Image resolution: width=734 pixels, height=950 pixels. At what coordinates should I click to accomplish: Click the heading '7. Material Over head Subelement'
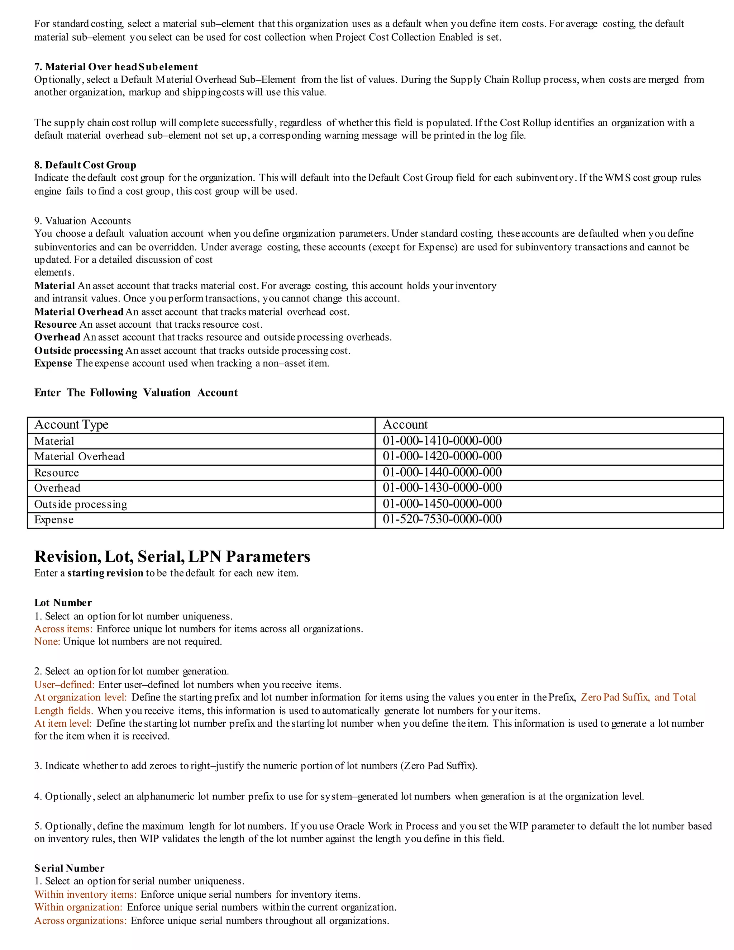(x=116, y=67)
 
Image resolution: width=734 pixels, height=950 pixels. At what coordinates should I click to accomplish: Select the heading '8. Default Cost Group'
(x=85, y=165)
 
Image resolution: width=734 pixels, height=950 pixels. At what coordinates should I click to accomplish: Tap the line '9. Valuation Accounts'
(x=83, y=220)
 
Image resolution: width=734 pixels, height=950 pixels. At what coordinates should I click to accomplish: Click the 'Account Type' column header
(x=71, y=424)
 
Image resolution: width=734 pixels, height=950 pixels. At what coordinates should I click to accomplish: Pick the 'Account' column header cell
(x=405, y=424)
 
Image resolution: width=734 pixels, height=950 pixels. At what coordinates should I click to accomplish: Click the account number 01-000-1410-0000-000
(x=442, y=441)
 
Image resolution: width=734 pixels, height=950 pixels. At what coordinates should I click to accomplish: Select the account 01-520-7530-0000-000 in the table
(x=442, y=519)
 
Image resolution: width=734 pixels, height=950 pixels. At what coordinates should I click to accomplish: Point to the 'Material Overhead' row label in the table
(x=79, y=456)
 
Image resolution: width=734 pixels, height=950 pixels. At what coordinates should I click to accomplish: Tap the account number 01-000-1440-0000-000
(x=442, y=472)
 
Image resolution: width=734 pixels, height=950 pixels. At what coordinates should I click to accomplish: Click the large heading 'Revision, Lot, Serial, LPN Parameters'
(x=172, y=556)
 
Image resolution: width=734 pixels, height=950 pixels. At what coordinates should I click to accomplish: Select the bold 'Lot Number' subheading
(x=63, y=603)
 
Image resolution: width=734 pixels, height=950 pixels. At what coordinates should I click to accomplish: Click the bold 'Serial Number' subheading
(x=69, y=868)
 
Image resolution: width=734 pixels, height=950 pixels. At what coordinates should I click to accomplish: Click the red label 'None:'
(x=47, y=641)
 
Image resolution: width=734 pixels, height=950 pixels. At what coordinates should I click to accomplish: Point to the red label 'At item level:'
(x=63, y=723)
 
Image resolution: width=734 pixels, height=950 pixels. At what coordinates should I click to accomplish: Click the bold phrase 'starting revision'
(x=105, y=573)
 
